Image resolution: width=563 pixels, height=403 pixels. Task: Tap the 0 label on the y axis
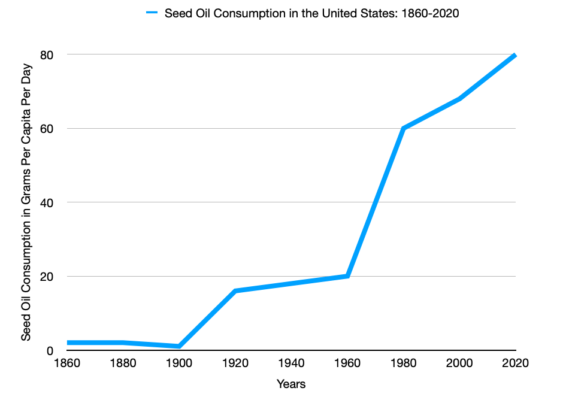coord(51,350)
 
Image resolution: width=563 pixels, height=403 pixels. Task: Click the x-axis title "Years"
coord(291,384)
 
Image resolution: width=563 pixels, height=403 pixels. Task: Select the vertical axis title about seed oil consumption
coord(26,202)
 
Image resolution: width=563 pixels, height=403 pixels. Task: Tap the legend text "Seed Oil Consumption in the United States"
coord(311,13)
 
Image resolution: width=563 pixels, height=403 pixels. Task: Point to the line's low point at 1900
coord(178,346)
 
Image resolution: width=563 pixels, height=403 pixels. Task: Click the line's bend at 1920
coord(235,291)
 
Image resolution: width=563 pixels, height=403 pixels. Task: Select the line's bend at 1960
coord(347,276)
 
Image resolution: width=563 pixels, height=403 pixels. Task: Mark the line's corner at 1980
coord(403,129)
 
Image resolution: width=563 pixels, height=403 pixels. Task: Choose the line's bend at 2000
coord(459,99)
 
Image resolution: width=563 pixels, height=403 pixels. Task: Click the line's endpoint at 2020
coord(514,55)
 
